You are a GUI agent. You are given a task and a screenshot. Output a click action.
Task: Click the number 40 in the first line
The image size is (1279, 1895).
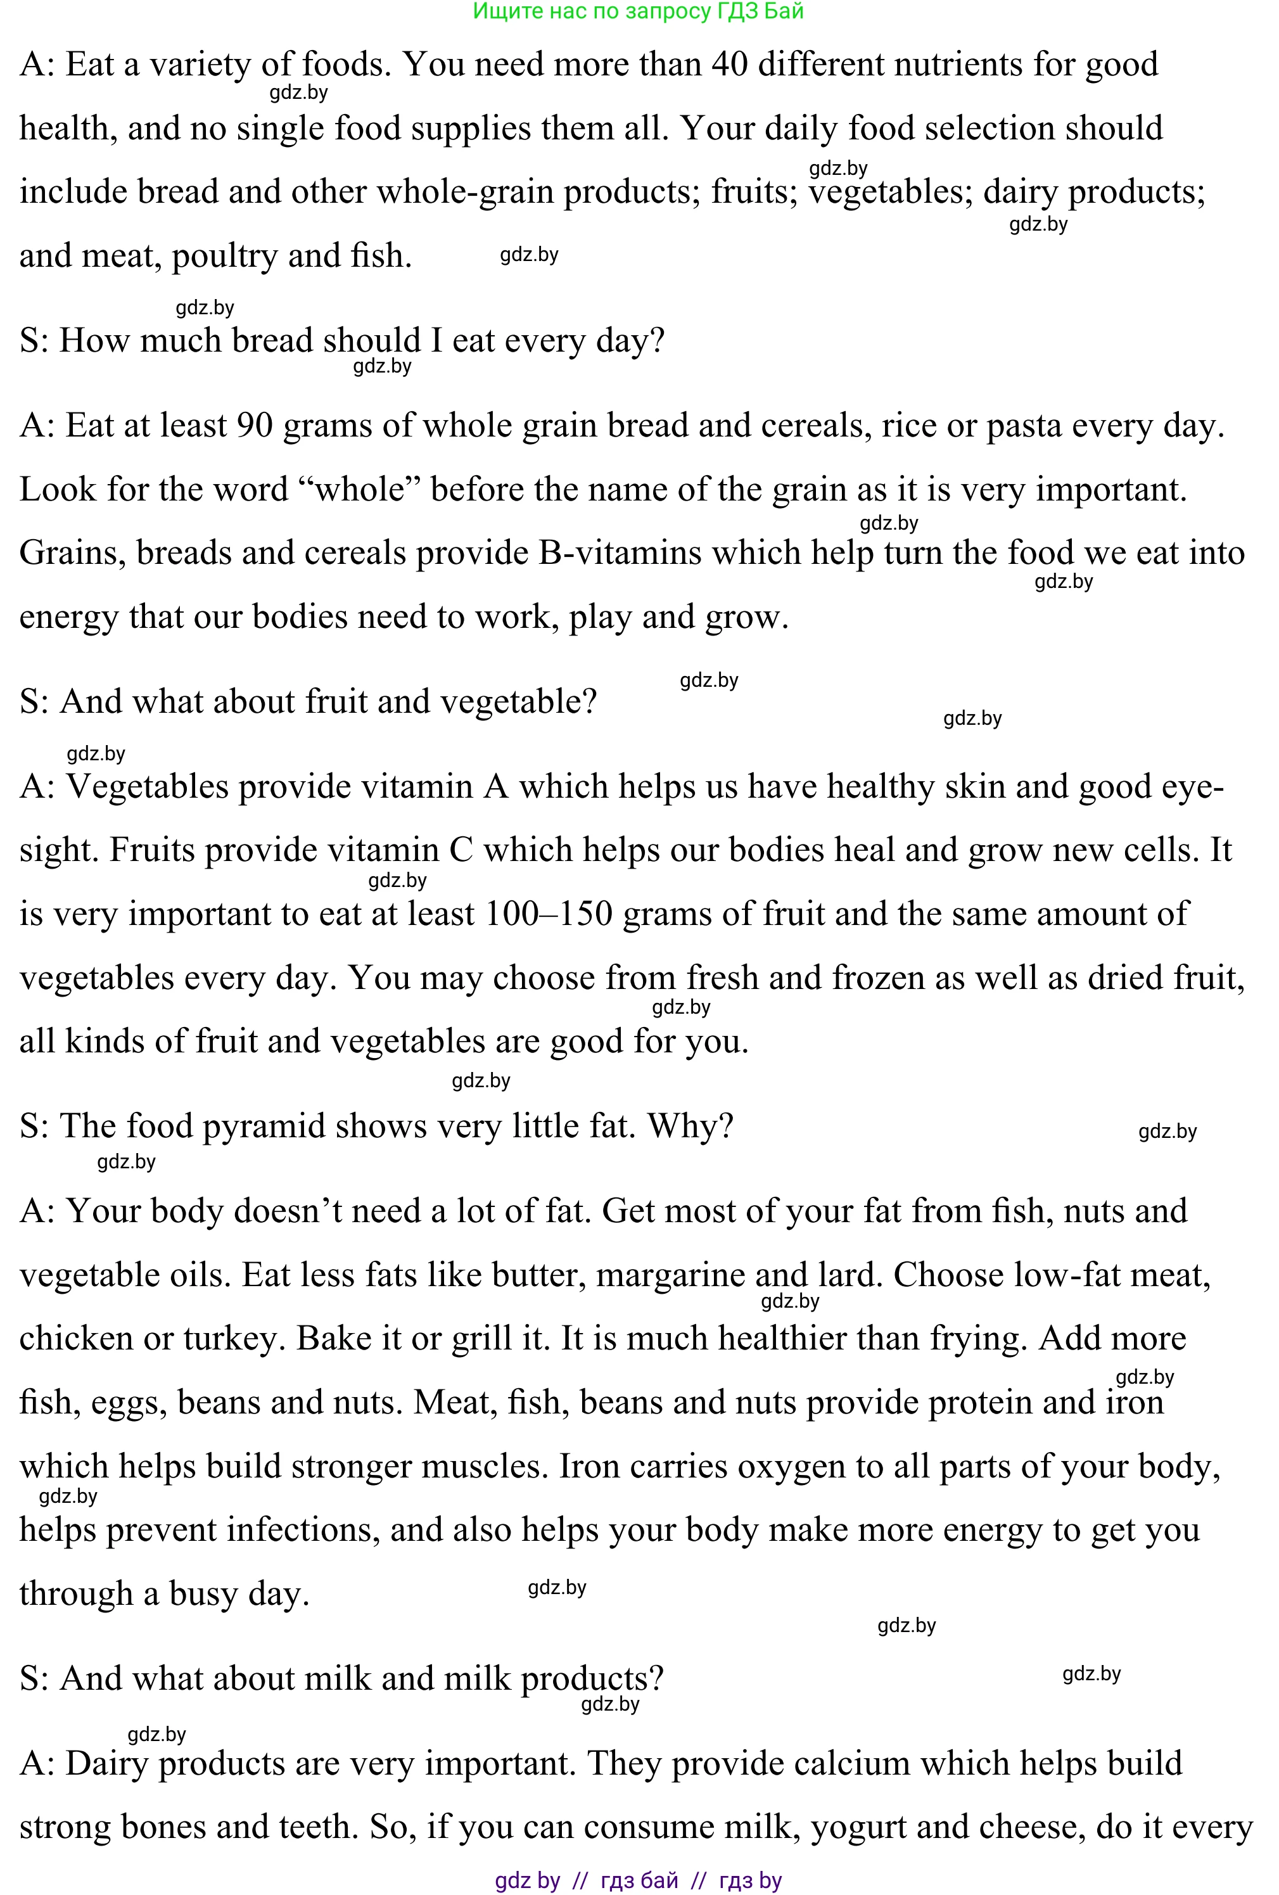pyautogui.click(x=730, y=65)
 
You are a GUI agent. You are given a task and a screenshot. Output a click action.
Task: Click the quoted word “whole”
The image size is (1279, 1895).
pyautogui.click(x=359, y=490)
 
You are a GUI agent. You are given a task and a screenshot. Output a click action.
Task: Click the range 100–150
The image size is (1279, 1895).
pyautogui.click(x=548, y=914)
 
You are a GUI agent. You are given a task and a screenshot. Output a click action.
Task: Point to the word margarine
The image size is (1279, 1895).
pyautogui.click(x=670, y=1275)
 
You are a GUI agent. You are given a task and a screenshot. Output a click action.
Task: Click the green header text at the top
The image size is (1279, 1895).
pyautogui.click(x=639, y=11)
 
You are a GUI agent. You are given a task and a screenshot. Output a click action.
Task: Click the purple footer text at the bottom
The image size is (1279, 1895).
pyautogui.click(x=639, y=1880)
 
